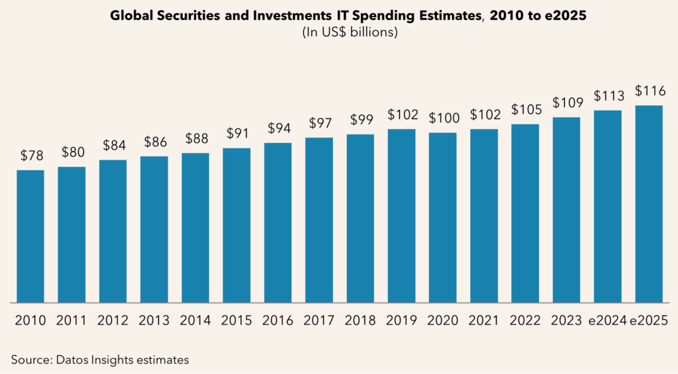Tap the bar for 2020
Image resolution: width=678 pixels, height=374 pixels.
442,218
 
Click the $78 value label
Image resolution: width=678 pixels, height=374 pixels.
30,156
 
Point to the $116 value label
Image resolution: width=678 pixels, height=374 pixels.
649,91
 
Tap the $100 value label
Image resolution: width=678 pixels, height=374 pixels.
442,118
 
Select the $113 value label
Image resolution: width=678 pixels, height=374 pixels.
608,96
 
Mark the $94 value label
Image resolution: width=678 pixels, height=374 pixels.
277,128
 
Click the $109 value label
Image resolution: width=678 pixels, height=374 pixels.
567,103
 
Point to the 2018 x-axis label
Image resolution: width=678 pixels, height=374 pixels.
360,321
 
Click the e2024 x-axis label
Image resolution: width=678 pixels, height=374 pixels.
608,321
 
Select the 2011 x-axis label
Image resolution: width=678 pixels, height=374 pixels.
72,321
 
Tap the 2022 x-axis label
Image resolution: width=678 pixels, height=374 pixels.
525,321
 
